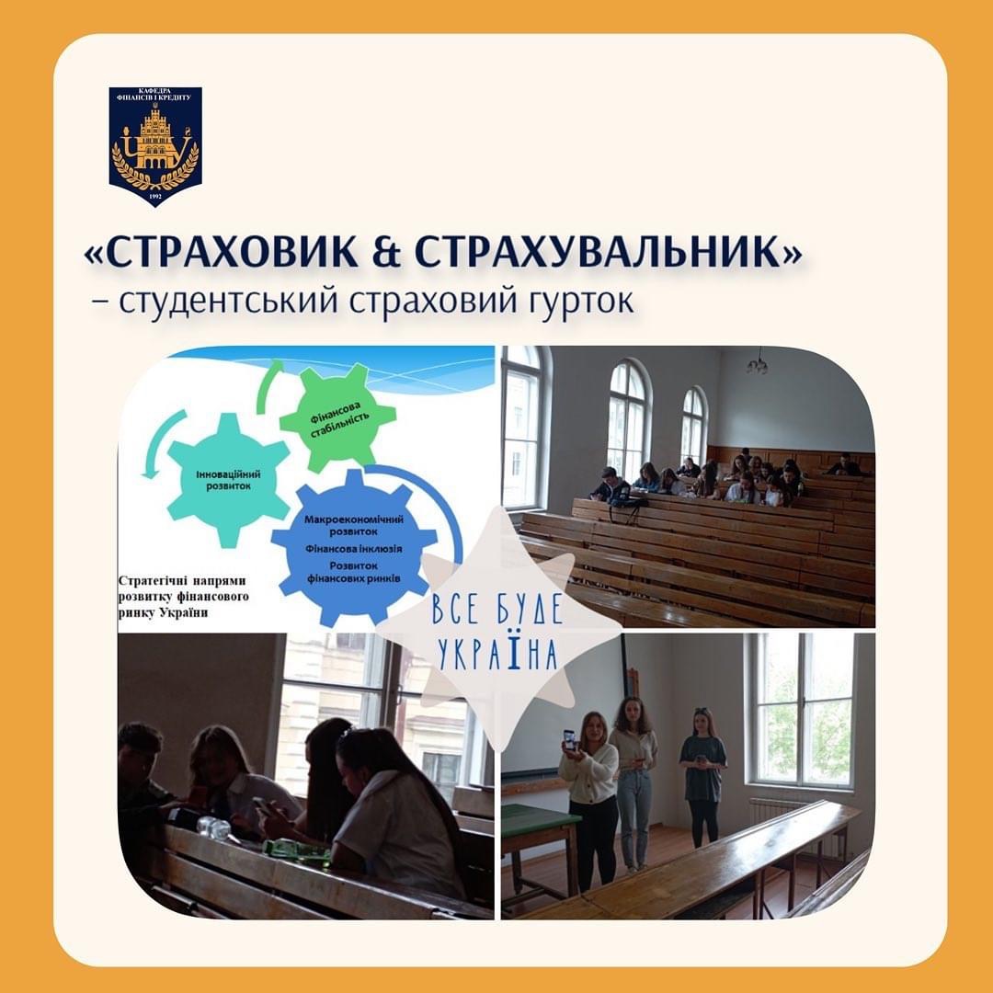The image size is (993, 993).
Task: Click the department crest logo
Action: [155, 146]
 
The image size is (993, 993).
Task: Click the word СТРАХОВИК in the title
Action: [232, 251]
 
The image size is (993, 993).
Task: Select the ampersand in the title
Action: [386, 252]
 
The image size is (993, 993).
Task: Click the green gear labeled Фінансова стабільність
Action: [337, 418]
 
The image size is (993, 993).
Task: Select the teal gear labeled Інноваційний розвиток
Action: [228, 479]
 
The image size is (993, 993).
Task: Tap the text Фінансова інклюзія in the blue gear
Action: [353, 548]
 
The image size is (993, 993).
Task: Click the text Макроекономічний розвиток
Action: [353, 525]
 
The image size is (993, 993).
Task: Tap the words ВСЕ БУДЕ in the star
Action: [497, 609]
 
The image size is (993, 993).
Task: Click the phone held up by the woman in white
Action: [569, 739]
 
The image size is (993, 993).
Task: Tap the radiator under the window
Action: [776, 809]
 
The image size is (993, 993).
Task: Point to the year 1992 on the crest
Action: [155, 197]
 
